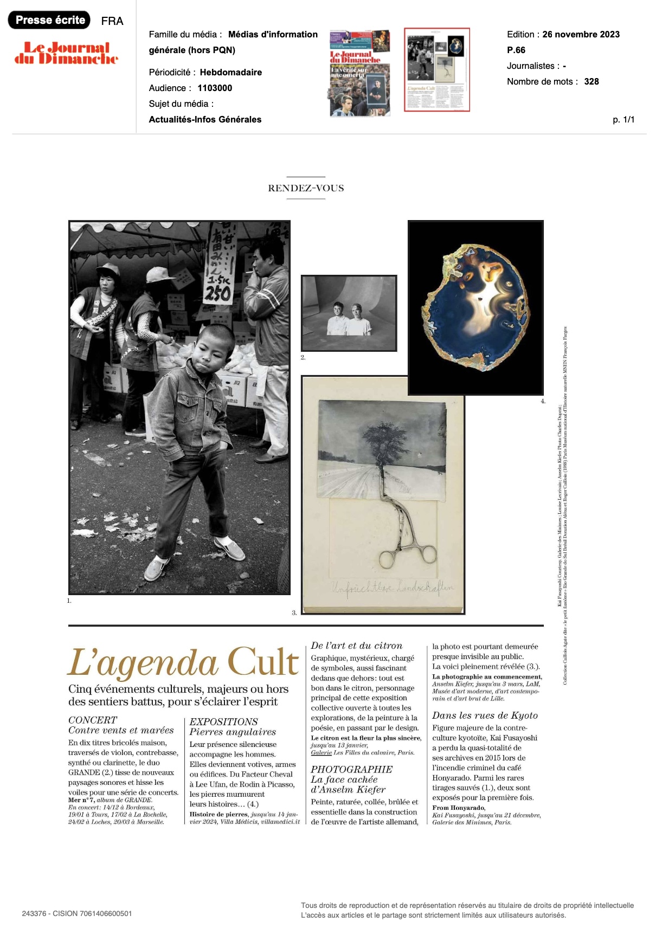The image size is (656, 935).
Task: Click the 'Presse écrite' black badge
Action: pyautogui.click(x=50, y=20)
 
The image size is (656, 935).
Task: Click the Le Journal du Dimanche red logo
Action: pyautogui.click(x=66, y=53)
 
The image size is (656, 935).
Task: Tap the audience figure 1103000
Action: pyautogui.click(x=215, y=88)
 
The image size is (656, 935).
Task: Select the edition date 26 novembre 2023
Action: pyautogui.click(x=581, y=34)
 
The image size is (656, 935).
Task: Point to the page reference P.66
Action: pyautogui.click(x=516, y=50)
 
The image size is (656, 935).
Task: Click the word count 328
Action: pyautogui.click(x=591, y=81)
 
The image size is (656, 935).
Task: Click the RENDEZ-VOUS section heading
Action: pyautogui.click(x=306, y=188)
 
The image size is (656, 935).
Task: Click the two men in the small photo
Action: pyautogui.click(x=349, y=319)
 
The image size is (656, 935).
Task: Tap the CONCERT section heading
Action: pyautogui.click(x=93, y=720)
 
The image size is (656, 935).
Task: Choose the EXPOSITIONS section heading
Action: pyautogui.click(x=223, y=721)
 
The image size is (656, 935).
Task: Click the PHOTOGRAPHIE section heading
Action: pyautogui.click(x=351, y=769)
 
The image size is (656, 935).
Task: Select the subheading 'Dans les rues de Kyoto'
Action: pyautogui.click(x=485, y=715)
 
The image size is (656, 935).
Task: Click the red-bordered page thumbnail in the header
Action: pyautogui.click(x=436, y=69)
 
